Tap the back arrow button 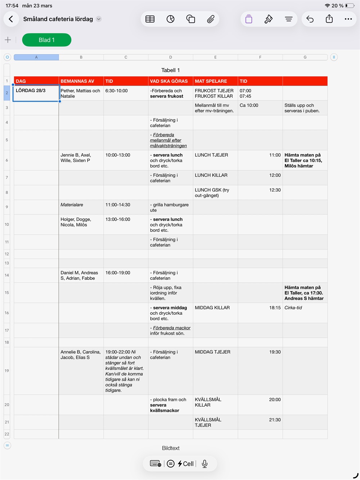11,19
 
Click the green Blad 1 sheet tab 46,40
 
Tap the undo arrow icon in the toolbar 310,19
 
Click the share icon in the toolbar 329,19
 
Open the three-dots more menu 348,19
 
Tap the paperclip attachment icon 211,19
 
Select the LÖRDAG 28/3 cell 36,93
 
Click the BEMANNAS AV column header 81,81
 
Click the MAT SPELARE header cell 215,81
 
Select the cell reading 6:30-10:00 126,93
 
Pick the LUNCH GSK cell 215,193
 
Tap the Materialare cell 81,207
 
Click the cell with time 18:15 260,313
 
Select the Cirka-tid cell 305,313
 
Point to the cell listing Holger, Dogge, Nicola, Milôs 81,224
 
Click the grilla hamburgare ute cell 170,207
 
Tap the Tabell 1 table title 170,70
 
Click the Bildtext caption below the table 171,448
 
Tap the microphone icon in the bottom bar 204,464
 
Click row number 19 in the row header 7,371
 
